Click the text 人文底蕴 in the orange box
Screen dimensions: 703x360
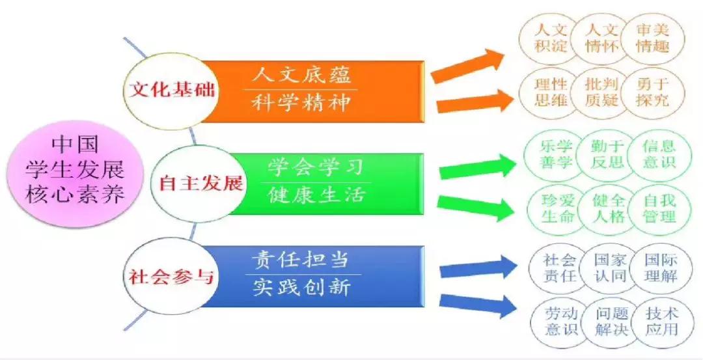click(301, 75)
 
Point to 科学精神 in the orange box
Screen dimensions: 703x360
click(301, 104)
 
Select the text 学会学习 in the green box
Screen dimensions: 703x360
click(316, 168)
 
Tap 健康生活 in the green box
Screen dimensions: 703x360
click(316, 196)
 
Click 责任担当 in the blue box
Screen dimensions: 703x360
click(301, 260)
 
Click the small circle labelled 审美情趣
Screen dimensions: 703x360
click(652, 38)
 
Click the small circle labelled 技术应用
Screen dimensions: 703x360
click(661, 321)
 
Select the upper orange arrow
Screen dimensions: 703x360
click(468, 66)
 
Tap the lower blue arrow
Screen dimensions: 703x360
click(477, 305)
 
